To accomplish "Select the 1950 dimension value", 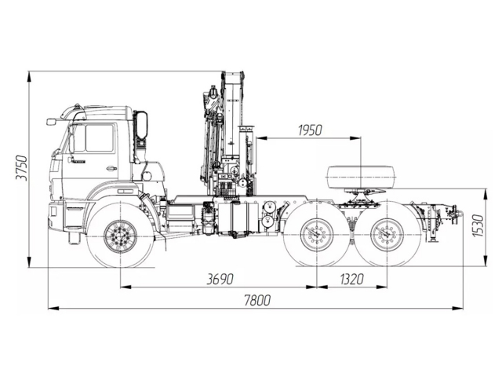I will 311,130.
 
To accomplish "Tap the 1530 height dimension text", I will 477,228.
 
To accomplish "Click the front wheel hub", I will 120,234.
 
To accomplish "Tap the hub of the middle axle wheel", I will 318,234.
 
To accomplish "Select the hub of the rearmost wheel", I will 384,234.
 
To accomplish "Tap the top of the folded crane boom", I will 233,76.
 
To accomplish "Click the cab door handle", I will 111,168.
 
